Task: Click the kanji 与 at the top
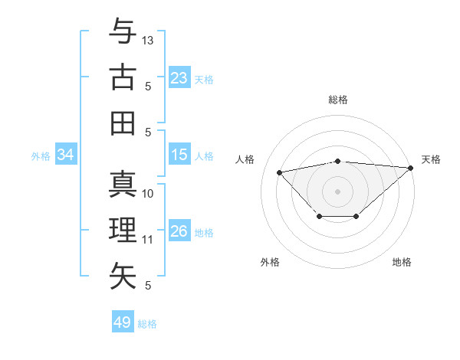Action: click(123, 33)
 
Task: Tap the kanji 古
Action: click(123, 78)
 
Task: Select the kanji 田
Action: click(123, 123)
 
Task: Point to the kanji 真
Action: click(123, 185)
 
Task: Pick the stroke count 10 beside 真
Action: click(149, 193)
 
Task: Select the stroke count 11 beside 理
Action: click(149, 239)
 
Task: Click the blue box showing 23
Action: click(179, 78)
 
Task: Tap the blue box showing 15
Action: click(179, 155)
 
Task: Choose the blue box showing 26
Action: click(179, 231)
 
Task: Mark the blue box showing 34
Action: click(66, 155)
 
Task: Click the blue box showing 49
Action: click(123, 322)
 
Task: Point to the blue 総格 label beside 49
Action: click(148, 324)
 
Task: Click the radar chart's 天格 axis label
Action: click(431, 159)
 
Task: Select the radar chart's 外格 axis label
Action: click(270, 262)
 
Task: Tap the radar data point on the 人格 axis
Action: click(279, 172)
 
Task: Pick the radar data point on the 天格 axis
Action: click(410, 167)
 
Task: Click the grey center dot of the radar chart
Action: click(338, 191)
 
